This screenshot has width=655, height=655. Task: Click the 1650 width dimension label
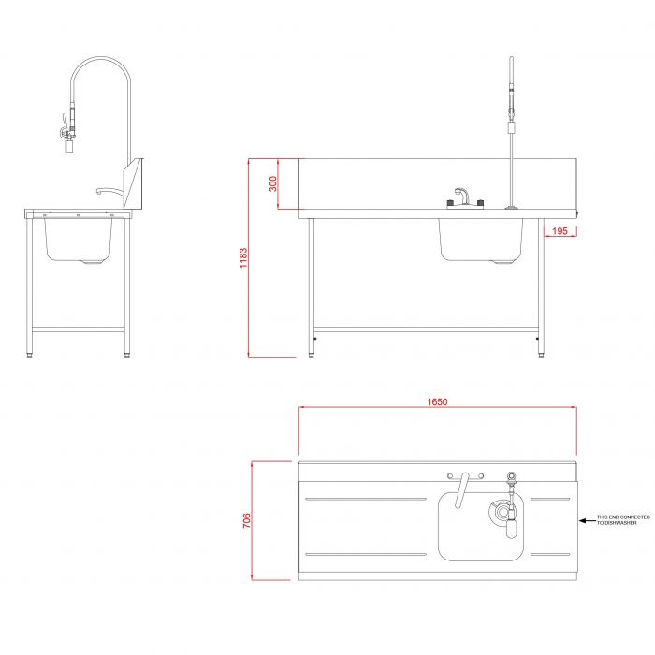(x=437, y=401)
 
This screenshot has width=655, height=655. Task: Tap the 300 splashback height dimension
(x=273, y=183)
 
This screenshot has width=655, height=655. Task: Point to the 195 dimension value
(x=560, y=230)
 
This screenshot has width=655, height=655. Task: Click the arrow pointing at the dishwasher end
(x=587, y=519)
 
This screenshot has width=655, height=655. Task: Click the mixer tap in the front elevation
(x=461, y=197)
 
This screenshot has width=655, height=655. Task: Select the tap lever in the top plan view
(x=460, y=488)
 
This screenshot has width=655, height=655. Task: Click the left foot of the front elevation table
(x=312, y=355)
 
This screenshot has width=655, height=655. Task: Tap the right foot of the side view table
(x=127, y=355)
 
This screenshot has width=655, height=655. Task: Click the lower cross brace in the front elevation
(x=426, y=329)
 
